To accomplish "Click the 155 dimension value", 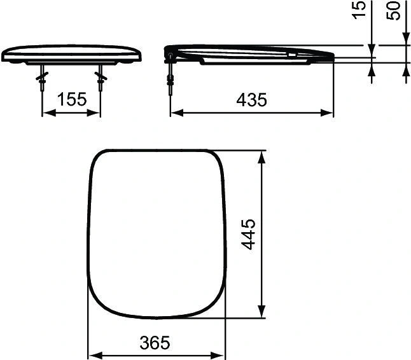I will coord(71,100).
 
